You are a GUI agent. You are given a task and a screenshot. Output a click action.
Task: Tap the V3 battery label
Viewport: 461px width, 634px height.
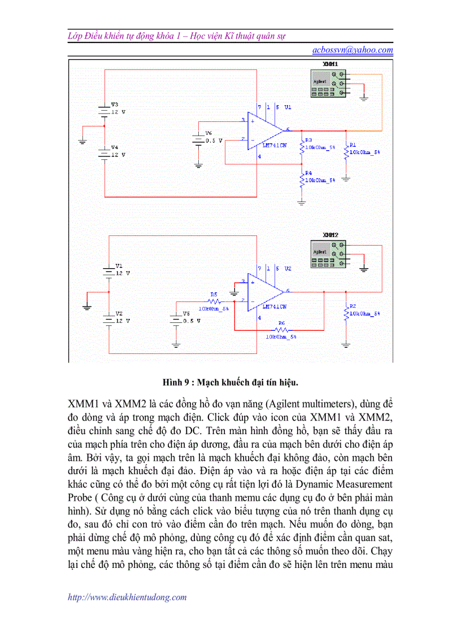(115, 104)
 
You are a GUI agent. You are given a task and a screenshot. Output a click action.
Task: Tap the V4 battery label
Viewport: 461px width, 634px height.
(115, 147)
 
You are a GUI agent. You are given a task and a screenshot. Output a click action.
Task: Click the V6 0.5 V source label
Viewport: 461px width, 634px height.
(208, 133)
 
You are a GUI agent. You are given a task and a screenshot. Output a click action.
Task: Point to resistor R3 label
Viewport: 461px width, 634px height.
(308, 140)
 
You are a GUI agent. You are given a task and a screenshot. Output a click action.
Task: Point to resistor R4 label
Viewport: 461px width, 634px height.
(308, 173)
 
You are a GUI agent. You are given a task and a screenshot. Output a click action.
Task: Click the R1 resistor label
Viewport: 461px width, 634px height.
(353, 145)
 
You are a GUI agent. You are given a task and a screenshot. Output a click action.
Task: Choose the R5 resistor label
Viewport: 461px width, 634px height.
(214, 294)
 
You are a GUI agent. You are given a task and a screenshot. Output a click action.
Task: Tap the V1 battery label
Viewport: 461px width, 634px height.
(119, 265)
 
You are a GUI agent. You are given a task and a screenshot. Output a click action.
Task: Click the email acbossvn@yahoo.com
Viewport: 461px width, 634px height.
(353, 50)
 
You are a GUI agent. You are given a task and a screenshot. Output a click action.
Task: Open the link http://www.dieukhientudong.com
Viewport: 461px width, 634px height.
(127, 597)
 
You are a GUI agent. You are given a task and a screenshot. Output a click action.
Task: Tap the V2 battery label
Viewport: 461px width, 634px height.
(119, 313)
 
